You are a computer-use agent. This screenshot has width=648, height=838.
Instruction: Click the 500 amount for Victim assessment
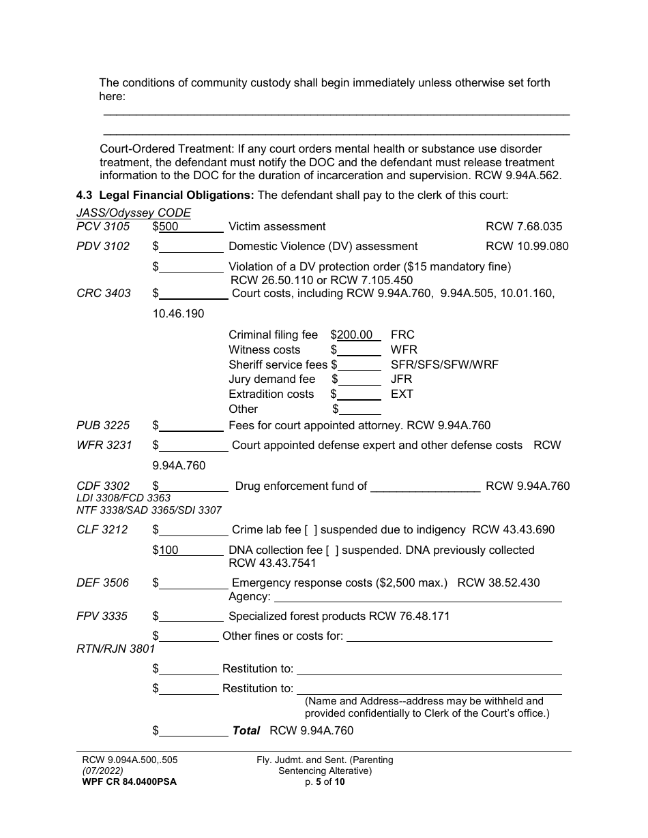click(168, 226)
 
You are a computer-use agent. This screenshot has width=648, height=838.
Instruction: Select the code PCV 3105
click(103, 226)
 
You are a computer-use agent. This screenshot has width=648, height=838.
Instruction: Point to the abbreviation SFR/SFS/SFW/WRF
click(444, 364)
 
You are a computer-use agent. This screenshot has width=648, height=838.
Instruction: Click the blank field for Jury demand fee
click(359, 379)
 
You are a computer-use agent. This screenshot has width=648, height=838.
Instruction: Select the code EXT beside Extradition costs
click(402, 394)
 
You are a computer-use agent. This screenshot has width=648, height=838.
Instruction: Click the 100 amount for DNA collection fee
click(168, 550)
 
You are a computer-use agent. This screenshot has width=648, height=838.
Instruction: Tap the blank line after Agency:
click(417, 597)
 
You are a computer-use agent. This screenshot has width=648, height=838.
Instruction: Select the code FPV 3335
click(102, 616)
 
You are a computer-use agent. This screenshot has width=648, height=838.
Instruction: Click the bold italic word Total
click(246, 730)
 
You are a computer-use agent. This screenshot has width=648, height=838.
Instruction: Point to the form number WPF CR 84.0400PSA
click(129, 781)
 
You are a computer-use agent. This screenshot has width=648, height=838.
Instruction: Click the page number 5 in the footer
click(318, 781)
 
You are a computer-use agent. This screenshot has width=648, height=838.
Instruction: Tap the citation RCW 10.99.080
click(527, 246)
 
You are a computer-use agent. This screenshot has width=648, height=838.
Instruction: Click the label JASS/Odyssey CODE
click(134, 213)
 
